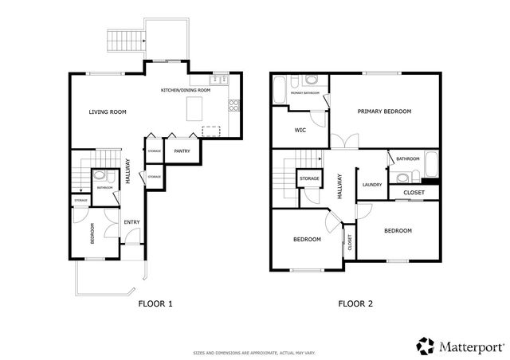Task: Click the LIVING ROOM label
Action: pos(108,112)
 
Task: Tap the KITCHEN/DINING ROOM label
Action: pos(186,91)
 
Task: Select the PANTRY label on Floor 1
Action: pos(181,150)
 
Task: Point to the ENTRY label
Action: pos(131,222)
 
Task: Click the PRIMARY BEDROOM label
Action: pos(384,112)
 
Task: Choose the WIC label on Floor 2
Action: pos(300,130)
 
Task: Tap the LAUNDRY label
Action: pos(372,185)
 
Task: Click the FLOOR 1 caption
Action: pos(155,303)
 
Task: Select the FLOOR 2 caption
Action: pos(355,303)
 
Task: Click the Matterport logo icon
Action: pos(426,346)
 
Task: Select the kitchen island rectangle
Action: pos(194,111)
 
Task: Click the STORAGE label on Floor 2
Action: pos(309,178)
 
